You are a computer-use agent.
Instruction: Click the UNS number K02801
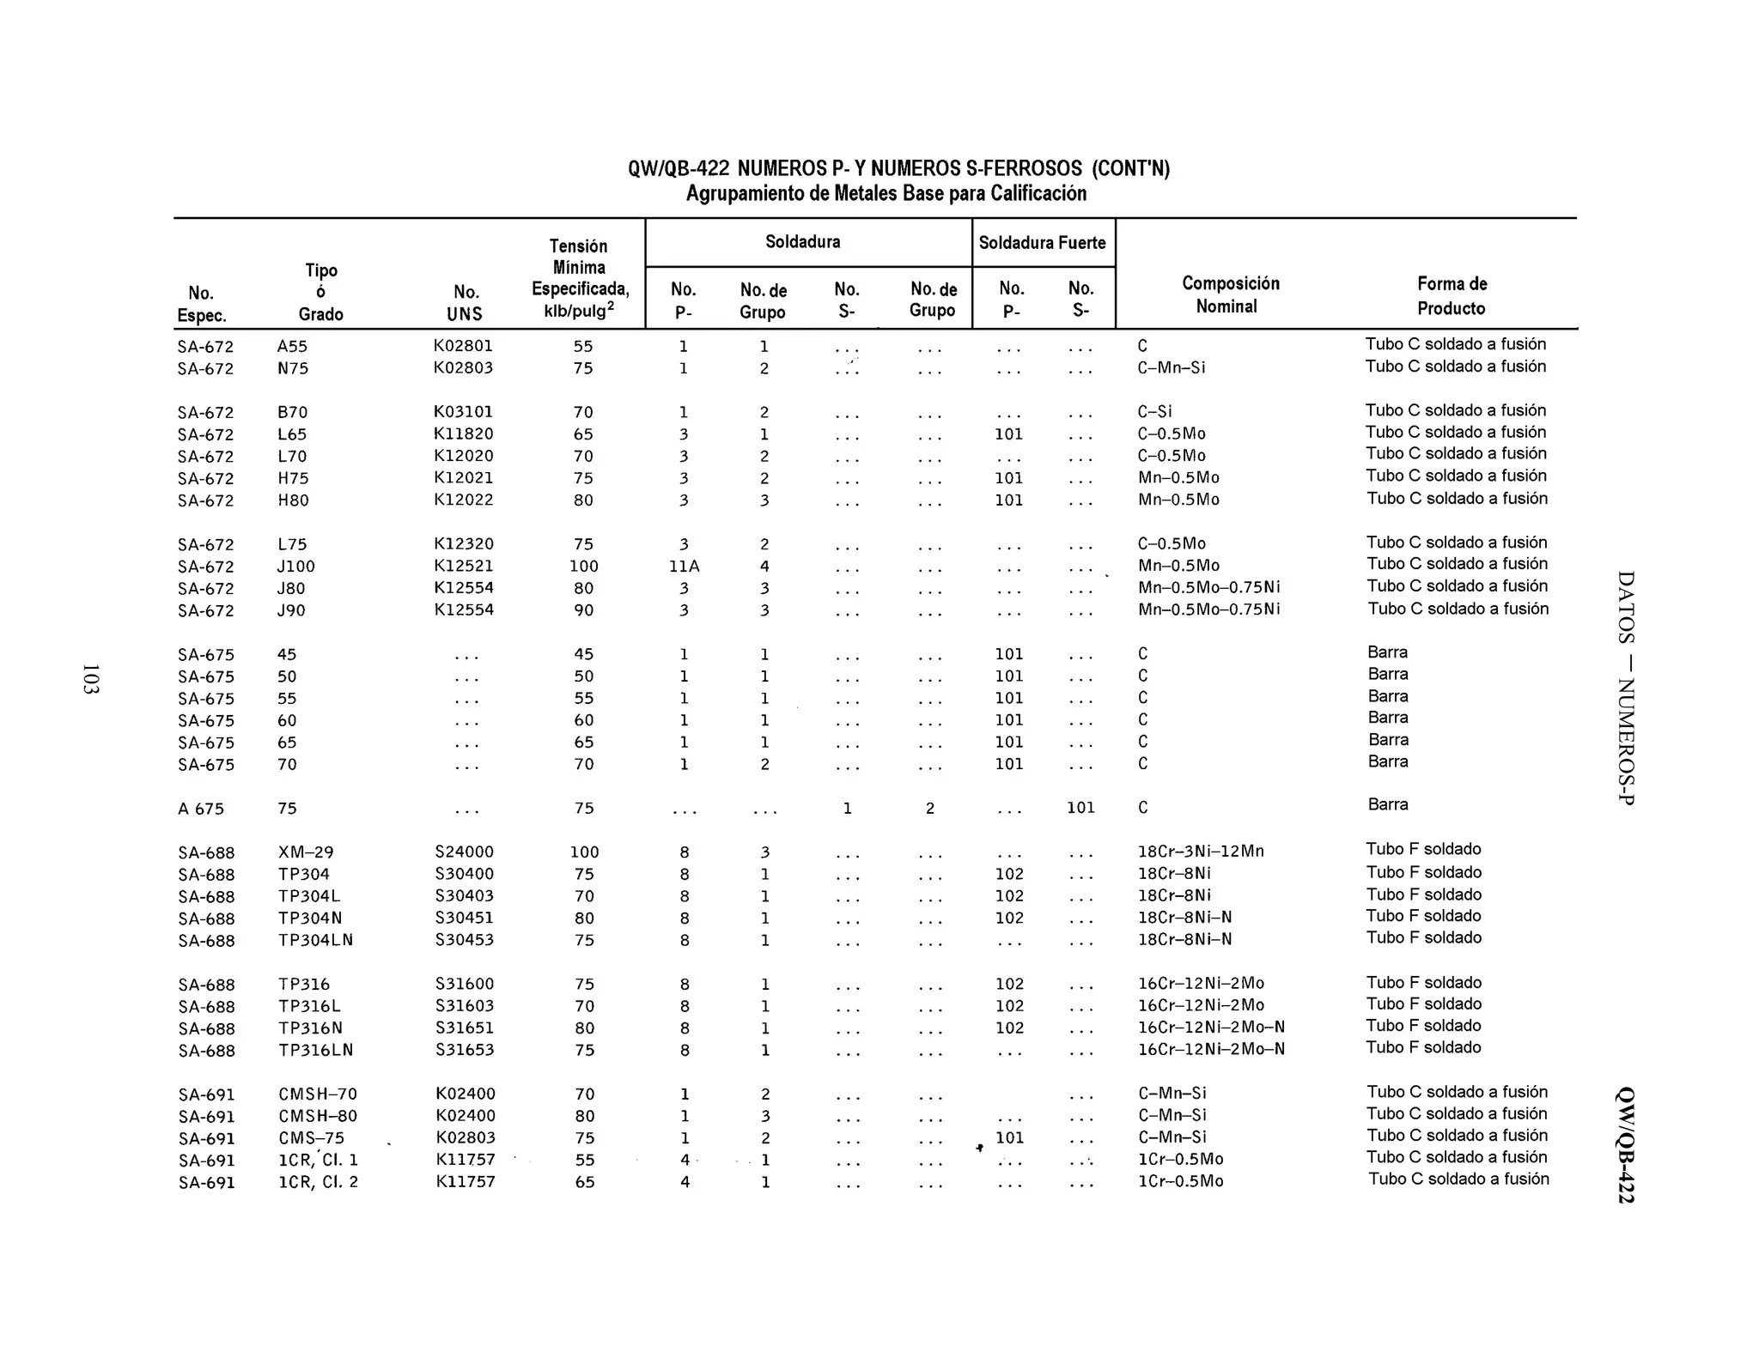point(463,346)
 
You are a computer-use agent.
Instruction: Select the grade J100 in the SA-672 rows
point(296,567)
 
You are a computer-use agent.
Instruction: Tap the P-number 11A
point(684,567)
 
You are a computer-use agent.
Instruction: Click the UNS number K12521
point(464,566)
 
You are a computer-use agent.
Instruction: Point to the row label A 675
point(201,809)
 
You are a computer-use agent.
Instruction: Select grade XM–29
point(306,852)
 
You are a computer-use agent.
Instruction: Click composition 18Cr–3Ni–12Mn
point(1201,852)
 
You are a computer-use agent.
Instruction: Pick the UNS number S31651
point(465,1028)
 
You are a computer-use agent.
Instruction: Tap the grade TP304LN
point(315,940)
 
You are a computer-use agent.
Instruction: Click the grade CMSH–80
point(318,1116)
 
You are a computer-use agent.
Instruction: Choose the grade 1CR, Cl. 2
point(318,1182)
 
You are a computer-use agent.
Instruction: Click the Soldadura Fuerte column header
point(1042,243)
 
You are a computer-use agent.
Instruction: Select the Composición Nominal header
point(1230,294)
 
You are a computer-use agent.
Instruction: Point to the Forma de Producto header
point(1452,295)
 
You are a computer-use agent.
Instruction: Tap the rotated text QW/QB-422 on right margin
point(1625,1145)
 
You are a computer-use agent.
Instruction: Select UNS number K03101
point(463,412)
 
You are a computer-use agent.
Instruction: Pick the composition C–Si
point(1154,412)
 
